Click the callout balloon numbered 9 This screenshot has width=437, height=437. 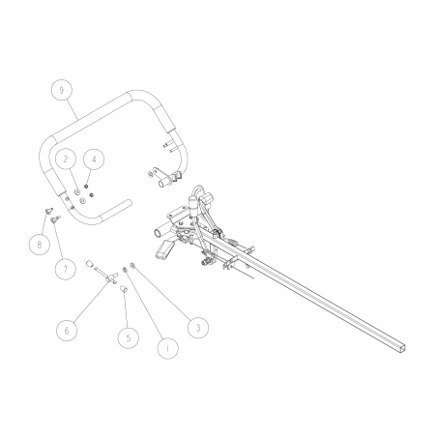[62, 90]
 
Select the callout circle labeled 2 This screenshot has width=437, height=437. [65, 158]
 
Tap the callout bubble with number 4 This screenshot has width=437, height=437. [94, 158]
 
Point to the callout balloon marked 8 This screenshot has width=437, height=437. [38, 245]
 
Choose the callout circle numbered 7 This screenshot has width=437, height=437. [65, 268]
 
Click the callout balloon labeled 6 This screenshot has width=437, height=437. [66, 330]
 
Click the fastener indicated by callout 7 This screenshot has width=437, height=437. [55, 219]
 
